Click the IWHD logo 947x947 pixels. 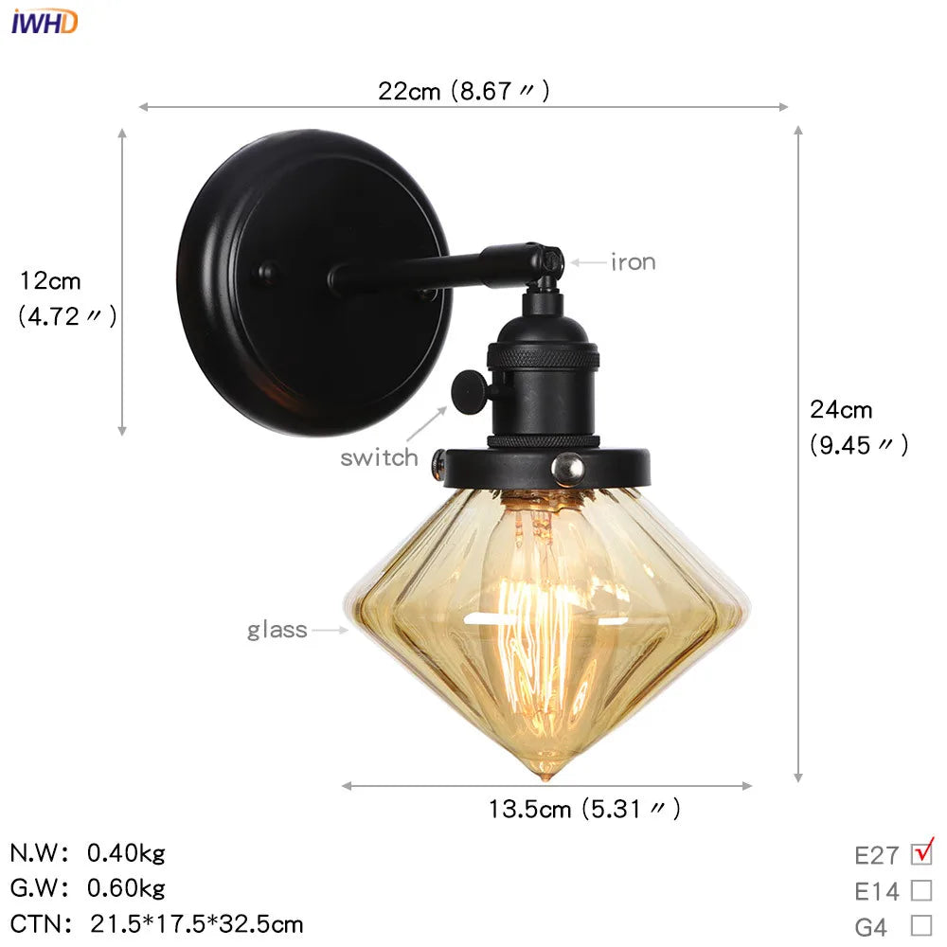pos(45,21)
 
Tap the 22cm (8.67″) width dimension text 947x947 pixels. pos(464,91)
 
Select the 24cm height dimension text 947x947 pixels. pos(841,410)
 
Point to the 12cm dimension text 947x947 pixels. pos(50,281)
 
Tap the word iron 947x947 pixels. pos(633,262)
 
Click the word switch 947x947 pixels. pos(379,458)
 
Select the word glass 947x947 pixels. pos(277,630)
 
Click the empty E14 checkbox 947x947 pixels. pos(920,890)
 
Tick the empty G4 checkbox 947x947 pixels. pos(920,925)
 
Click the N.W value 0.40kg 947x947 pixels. pos(126,853)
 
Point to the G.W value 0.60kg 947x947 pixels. pos(126,888)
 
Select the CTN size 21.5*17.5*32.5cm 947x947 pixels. pos(197,923)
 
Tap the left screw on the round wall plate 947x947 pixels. pos(268,274)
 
